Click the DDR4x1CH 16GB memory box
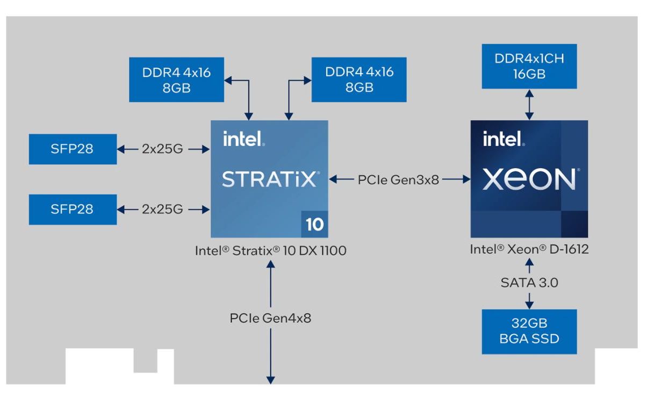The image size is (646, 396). (x=529, y=66)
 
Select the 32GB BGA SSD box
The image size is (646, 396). (x=529, y=332)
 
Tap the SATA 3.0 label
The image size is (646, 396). (x=529, y=282)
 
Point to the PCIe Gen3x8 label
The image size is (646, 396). (x=398, y=180)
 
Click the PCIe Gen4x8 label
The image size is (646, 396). (x=270, y=318)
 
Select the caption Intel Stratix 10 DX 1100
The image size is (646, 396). (x=270, y=250)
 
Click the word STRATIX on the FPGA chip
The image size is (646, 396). (x=269, y=179)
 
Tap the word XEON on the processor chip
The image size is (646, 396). (x=529, y=179)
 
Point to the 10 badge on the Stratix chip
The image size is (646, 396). (x=314, y=224)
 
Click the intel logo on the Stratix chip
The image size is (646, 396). (x=243, y=139)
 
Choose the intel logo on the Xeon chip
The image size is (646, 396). (x=504, y=139)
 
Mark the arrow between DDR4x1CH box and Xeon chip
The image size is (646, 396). (x=529, y=104)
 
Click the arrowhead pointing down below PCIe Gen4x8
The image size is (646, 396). (x=270, y=379)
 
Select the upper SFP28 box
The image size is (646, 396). (x=72, y=149)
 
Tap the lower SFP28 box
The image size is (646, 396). (x=72, y=210)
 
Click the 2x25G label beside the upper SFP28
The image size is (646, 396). (x=163, y=149)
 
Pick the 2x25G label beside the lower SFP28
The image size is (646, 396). (x=163, y=210)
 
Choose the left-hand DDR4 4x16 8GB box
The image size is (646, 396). (x=176, y=80)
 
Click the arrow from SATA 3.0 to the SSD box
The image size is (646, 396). (x=529, y=299)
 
